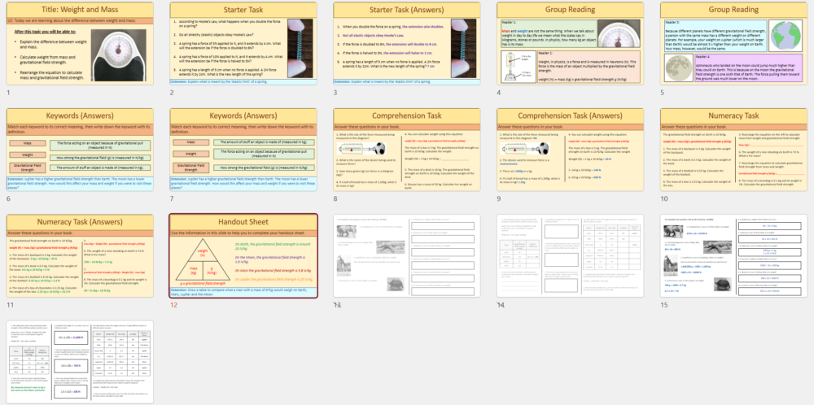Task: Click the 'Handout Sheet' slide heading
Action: (243, 222)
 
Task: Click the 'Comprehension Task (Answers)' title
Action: (569, 115)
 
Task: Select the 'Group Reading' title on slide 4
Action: (569, 10)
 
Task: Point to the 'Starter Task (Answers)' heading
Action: (405, 10)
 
